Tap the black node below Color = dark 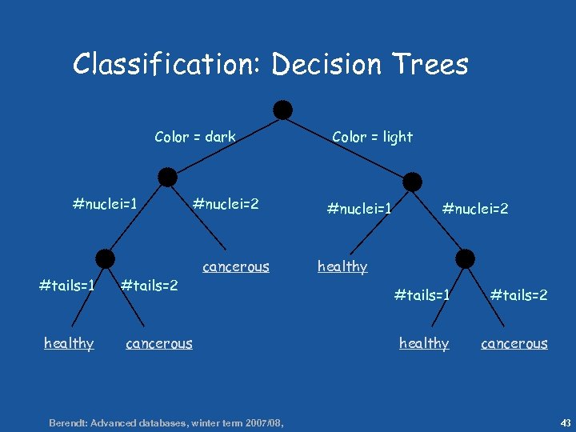pos(167,177)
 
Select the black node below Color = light pos(412,182)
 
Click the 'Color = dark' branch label pos(195,137)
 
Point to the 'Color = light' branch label pos(372,137)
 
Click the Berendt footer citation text pos(166,422)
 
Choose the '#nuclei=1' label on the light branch pos(359,209)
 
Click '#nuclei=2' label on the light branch pos(475,209)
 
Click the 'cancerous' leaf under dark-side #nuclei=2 pos(236,266)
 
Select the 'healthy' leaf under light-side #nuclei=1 pos(342,266)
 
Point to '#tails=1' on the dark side pos(68,286)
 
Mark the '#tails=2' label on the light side pos(518,295)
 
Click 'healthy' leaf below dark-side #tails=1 pos(69,343)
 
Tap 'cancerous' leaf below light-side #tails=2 pos(514,343)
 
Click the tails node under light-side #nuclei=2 pos(465,258)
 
